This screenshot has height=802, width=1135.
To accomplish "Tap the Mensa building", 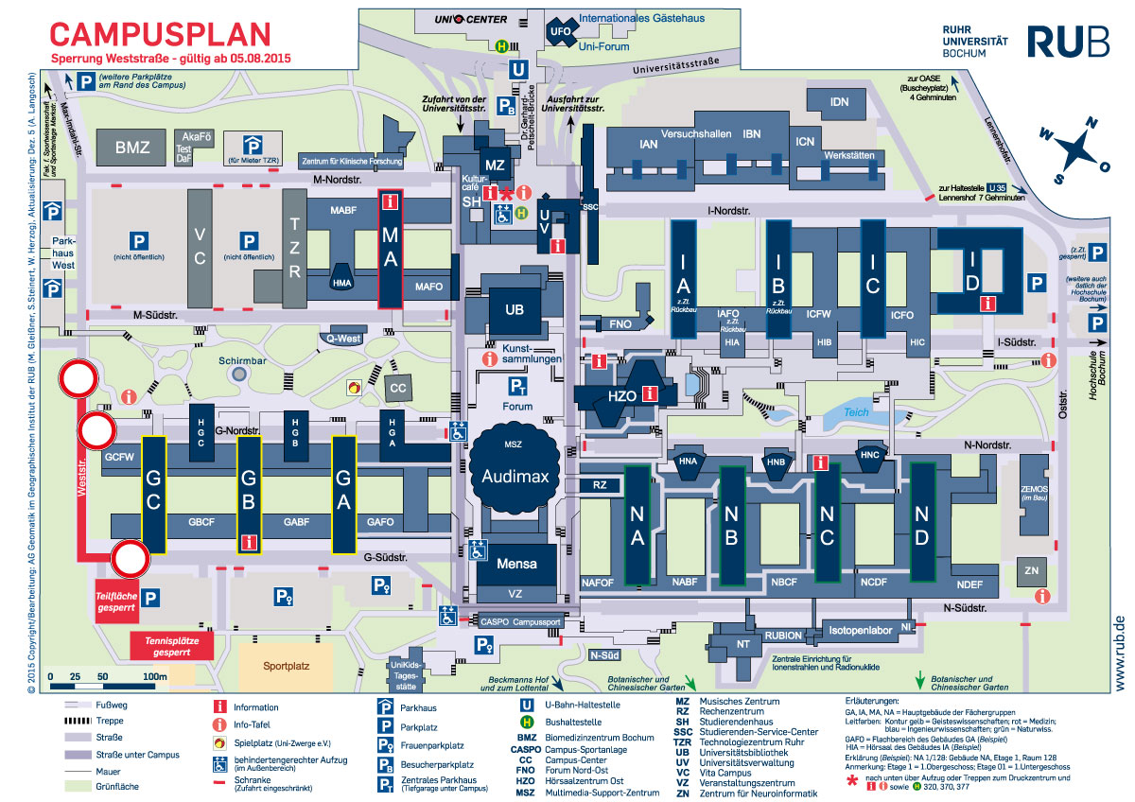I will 515,564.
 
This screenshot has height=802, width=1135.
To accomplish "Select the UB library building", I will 515,309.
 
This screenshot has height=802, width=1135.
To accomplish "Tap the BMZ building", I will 132,148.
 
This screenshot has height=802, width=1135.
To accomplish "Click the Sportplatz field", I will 287,666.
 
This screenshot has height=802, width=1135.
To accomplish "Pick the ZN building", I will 1030,570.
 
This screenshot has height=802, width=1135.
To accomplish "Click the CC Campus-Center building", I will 398,388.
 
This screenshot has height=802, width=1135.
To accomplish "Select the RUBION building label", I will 784,635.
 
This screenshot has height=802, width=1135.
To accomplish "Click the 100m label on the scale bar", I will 154,677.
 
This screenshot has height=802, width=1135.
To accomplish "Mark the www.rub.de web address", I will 1119,654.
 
